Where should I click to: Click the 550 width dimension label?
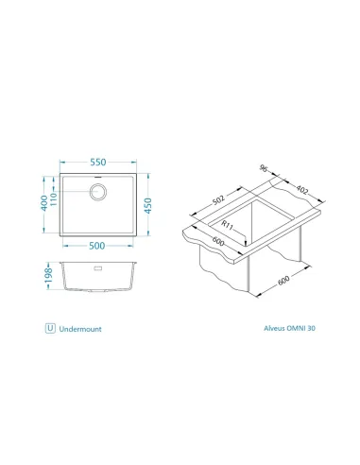tap(98, 163)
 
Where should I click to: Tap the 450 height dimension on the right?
tap(148, 206)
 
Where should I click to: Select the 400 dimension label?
tap(44, 203)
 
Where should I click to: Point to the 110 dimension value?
tap(54, 199)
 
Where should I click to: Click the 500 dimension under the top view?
tap(96, 246)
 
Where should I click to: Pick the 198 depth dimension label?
tap(48, 276)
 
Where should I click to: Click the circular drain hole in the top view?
tap(98, 192)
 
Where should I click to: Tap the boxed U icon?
tap(50, 328)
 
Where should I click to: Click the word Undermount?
tap(80, 329)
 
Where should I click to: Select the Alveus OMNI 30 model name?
tap(289, 328)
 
